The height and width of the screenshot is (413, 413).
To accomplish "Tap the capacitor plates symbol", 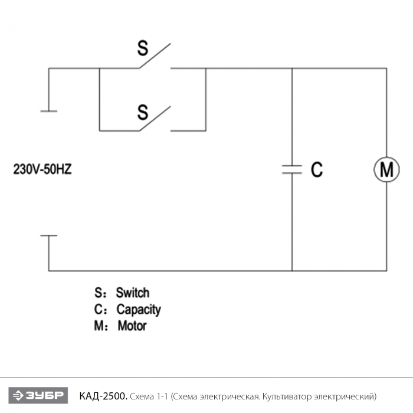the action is (x=292, y=169).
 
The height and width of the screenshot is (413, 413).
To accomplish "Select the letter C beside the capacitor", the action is (x=317, y=169).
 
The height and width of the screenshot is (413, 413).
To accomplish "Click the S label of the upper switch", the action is (x=143, y=48).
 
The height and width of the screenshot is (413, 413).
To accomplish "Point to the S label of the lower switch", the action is (x=143, y=112).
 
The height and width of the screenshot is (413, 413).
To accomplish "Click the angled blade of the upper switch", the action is (x=155, y=56).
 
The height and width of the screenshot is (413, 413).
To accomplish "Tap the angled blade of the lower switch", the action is (x=155, y=119).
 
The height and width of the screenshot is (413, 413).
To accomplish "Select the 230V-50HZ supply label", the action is (x=42, y=169).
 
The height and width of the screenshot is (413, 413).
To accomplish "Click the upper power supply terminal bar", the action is (x=49, y=111).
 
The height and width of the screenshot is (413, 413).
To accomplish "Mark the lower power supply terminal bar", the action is (x=49, y=235).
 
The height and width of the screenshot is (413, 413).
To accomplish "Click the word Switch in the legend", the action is (x=133, y=293).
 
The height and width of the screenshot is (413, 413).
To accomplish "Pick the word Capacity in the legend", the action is (x=139, y=310).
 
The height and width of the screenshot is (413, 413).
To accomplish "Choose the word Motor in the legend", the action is (x=132, y=326).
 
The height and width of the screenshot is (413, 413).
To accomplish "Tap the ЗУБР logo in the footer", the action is (x=38, y=395).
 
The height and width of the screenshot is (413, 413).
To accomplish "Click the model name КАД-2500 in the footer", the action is (x=103, y=396).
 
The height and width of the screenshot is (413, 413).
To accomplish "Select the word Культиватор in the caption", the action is (x=287, y=396).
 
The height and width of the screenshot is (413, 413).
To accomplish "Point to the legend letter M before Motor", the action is (x=99, y=326).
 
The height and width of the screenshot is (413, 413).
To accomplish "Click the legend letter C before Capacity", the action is (x=99, y=310).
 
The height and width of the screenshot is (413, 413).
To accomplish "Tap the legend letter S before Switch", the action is (x=99, y=293).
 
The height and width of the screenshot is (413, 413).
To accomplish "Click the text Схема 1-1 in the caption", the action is (x=149, y=396).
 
